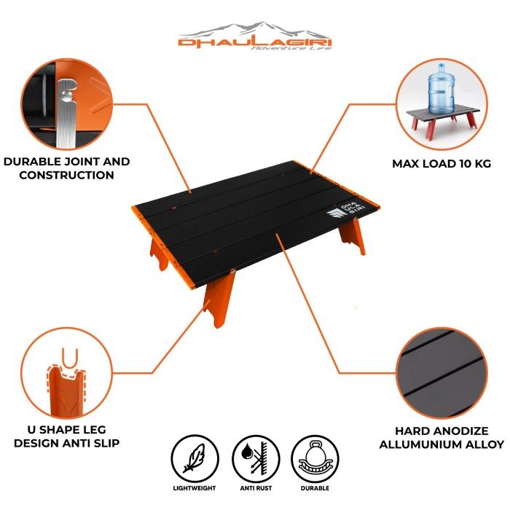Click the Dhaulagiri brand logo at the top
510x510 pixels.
click(255, 36)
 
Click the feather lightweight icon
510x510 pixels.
click(195, 458)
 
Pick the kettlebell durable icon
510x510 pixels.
click(315, 458)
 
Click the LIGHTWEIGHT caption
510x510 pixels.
click(195, 488)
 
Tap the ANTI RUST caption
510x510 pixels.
click(256, 488)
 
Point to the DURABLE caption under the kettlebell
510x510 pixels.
click(315, 488)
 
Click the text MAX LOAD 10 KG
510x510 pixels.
click(442, 163)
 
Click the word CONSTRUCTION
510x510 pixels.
click(67, 175)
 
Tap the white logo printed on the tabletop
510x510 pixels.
click(346, 211)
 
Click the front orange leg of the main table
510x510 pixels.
click(219, 299)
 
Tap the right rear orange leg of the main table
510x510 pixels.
click(352, 236)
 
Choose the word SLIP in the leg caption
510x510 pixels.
click(106, 443)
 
